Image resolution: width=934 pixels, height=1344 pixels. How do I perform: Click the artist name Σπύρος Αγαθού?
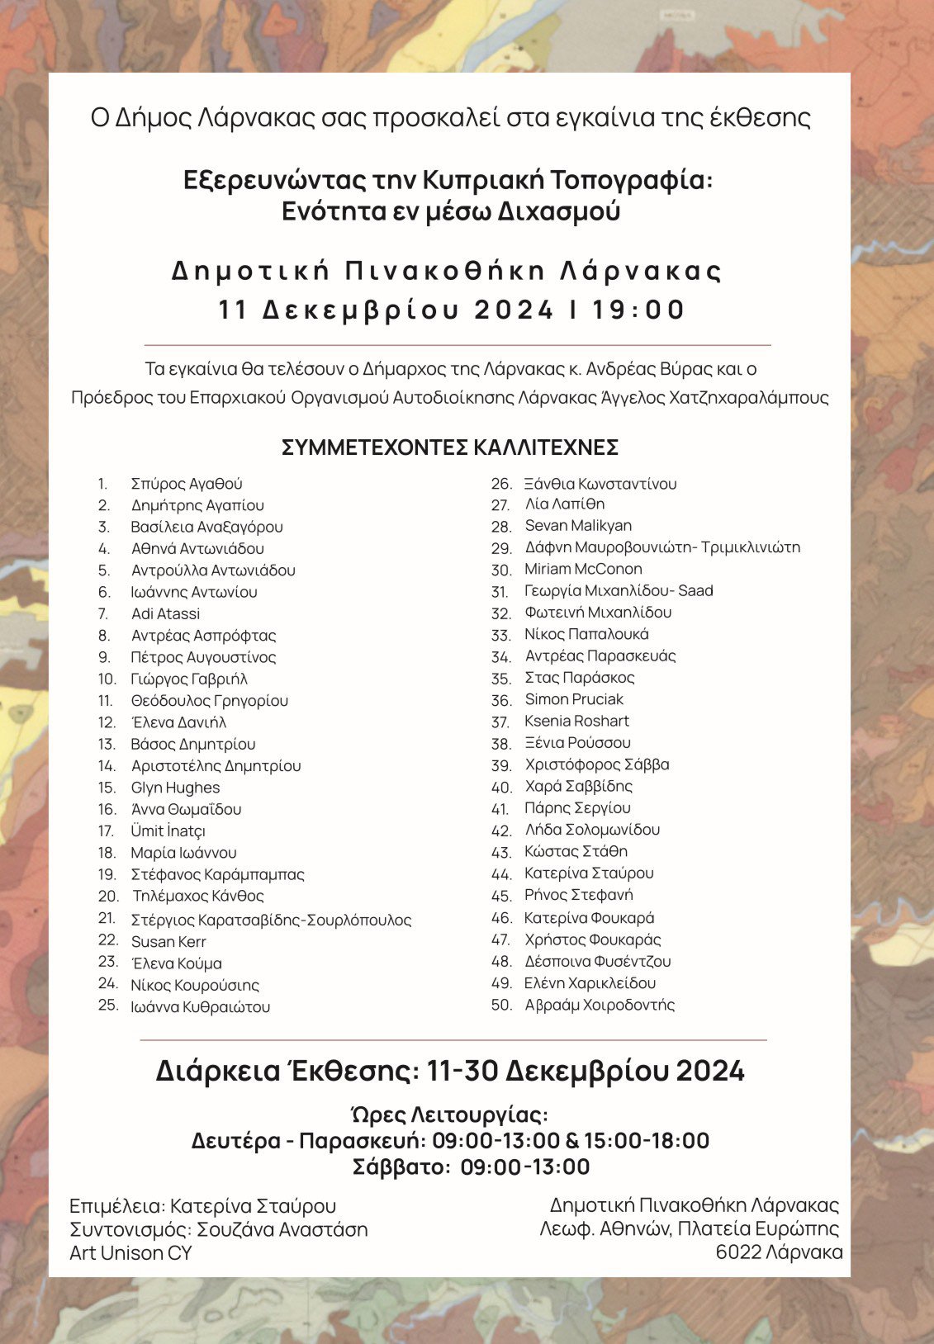click(x=187, y=484)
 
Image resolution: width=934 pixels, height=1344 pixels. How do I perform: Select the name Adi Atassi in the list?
click(x=165, y=613)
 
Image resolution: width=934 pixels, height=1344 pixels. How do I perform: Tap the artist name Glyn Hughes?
click(x=175, y=788)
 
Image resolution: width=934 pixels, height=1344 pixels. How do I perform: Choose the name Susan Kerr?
click(x=168, y=941)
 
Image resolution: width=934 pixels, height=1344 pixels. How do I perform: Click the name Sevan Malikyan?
click(x=578, y=525)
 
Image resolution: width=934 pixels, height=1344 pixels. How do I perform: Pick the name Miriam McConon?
click(x=583, y=569)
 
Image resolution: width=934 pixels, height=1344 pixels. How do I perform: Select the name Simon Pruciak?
click(x=574, y=699)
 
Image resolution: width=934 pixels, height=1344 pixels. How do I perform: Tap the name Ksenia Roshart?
click(x=576, y=721)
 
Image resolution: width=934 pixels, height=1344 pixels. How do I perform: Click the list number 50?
click(x=501, y=1005)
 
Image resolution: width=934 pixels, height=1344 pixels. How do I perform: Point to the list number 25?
click(x=108, y=1005)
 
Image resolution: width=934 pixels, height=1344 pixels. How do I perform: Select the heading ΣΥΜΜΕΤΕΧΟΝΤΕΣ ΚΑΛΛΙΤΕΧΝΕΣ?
click(x=450, y=447)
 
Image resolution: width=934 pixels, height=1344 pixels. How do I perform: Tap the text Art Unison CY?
click(x=130, y=1252)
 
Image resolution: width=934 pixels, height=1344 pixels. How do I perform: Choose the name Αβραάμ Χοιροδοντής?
click(x=600, y=1005)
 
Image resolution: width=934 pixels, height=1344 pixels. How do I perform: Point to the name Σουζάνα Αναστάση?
click(x=282, y=1229)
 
